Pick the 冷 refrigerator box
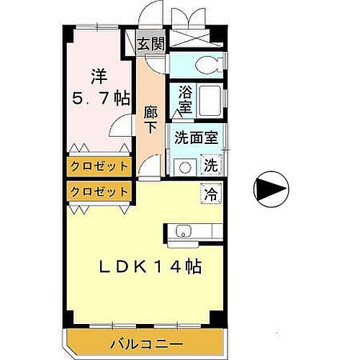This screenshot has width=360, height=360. [211, 193]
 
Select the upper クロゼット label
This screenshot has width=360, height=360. [100, 166]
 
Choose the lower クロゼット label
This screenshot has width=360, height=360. [100, 192]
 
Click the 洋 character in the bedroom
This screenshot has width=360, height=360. [99, 74]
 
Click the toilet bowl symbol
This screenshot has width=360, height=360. [209, 63]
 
